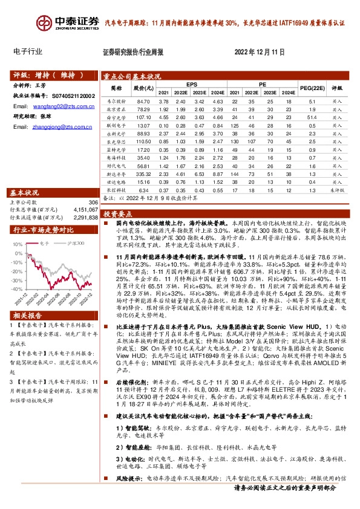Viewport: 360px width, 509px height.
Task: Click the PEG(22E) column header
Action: [x=310, y=88]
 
